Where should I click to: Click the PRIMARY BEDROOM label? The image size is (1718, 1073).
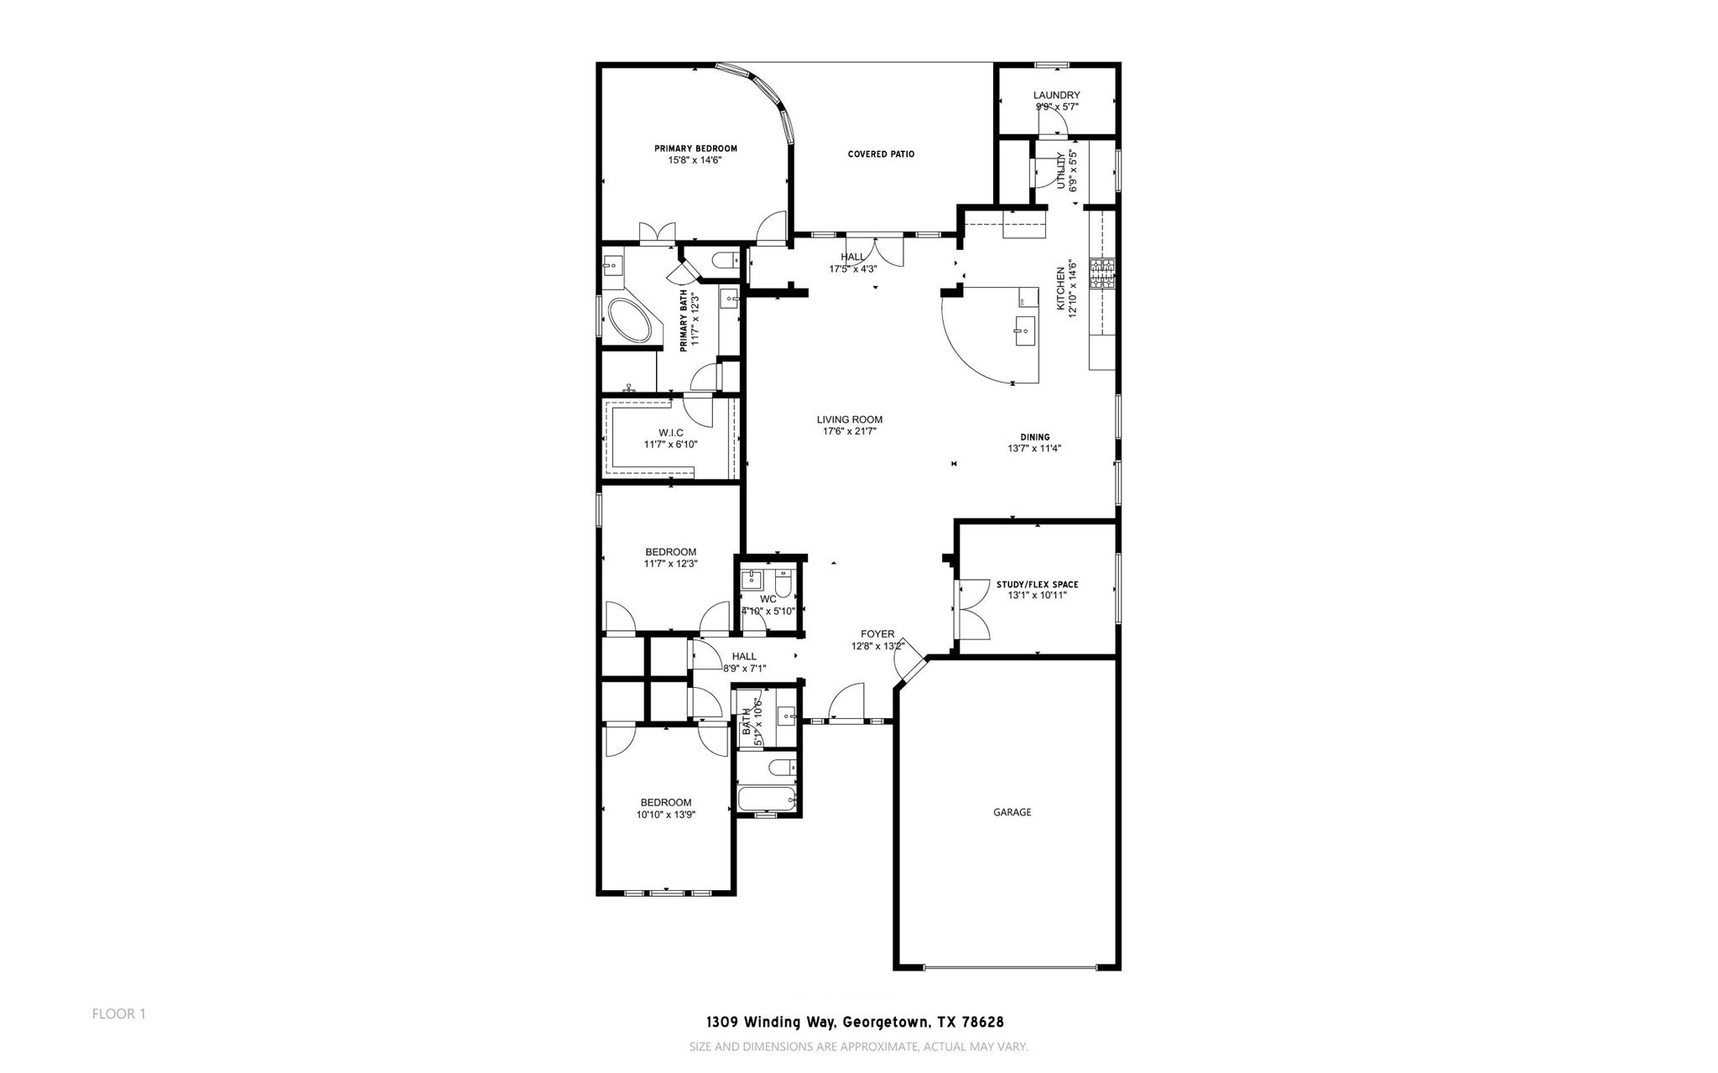[695, 148]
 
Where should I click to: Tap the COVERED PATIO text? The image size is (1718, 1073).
[881, 154]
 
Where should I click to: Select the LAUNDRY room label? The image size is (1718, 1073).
[1056, 96]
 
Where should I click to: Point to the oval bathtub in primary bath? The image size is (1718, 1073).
[628, 320]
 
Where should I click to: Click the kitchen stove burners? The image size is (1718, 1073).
[1102, 274]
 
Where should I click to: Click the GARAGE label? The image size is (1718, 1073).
[1012, 812]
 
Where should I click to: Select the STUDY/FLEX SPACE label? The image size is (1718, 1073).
[1037, 584]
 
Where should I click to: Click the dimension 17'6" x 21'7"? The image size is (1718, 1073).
[849, 431]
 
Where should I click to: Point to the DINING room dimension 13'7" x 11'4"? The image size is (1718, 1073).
[1034, 448]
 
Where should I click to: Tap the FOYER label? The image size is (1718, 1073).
[877, 634]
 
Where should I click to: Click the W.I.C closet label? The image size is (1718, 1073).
[670, 433]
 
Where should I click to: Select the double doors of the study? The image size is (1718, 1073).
[971, 608]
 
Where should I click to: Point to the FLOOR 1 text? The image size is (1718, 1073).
[119, 1013]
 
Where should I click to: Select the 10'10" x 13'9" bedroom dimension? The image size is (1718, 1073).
[666, 814]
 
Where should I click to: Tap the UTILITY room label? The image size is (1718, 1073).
[1061, 170]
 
